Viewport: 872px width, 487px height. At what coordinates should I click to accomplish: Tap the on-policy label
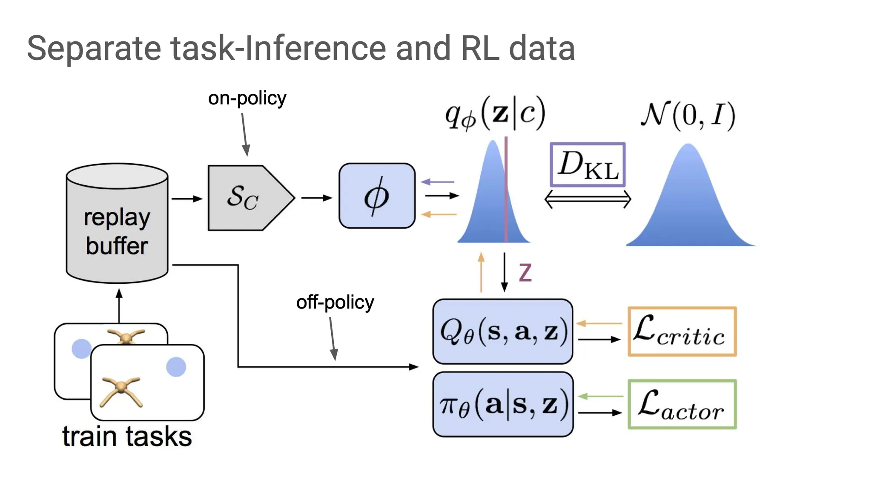click(247, 98)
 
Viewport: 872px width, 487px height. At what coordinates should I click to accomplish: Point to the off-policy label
click(335, 303)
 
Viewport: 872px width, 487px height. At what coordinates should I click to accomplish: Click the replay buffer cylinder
click(117, 224)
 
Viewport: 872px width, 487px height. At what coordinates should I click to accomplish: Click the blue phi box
click(377, 196)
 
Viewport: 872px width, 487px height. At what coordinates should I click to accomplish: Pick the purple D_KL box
click(588, 165)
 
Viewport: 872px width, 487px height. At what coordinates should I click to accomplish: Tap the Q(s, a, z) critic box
click(502, 331)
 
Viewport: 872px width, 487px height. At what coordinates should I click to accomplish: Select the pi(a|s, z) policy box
click(503, 404)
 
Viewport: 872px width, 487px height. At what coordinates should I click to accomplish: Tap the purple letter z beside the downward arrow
click(525, 272)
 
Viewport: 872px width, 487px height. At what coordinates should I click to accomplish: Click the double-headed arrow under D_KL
click(588, 199)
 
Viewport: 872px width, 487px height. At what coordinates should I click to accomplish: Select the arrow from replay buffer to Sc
click(186, 199)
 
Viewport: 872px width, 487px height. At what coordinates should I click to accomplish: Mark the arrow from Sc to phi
click(316, 198)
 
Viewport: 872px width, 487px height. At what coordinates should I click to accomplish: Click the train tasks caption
click(127, 437)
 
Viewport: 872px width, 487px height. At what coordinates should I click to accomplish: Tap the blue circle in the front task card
click(176, 367)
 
